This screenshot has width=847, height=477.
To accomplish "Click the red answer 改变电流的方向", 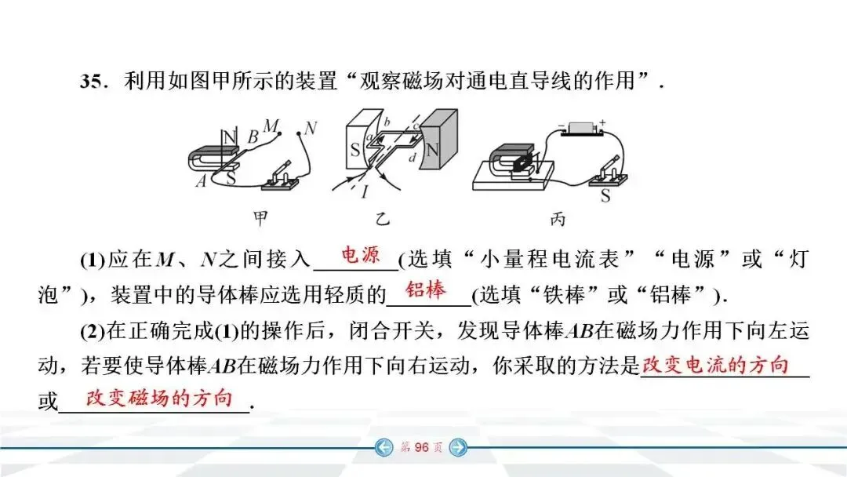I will click(x=715, y=366).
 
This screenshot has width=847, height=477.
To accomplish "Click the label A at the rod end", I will click(x=201, y=182).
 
